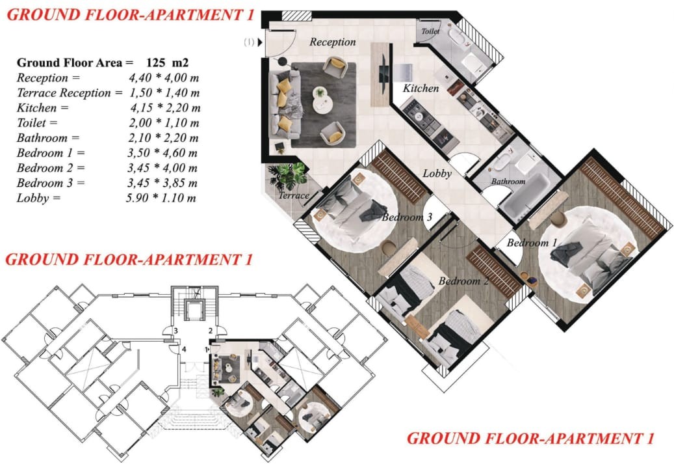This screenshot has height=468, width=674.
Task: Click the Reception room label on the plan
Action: tap(333, 42)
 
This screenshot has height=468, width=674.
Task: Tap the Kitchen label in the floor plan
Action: tap(421, 89)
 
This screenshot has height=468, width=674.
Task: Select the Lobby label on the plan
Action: tap(437, 174)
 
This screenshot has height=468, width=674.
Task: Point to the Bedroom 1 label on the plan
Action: tap(532, 243)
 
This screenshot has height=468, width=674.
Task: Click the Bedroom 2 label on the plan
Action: tap(464, 281)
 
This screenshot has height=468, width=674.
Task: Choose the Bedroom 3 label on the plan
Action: tap(407, 217)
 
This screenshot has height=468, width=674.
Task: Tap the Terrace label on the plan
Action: tap(294, 195)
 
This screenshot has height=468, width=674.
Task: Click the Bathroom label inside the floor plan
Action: tap(508, 181)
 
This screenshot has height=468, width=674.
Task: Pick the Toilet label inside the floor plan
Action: tap(430, 31)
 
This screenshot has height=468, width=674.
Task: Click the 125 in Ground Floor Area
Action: tap(155, 63)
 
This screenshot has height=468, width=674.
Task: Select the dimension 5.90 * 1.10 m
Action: tap(161, 198)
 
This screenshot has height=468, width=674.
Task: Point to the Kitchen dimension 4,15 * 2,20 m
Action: tap(165, 107)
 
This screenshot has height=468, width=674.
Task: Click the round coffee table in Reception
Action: tap(322, 100)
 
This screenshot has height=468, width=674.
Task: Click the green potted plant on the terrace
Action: tap(287, 176)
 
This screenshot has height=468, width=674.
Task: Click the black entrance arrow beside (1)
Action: tap(259, 42)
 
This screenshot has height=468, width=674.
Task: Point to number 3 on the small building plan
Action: tap(175, 331)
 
